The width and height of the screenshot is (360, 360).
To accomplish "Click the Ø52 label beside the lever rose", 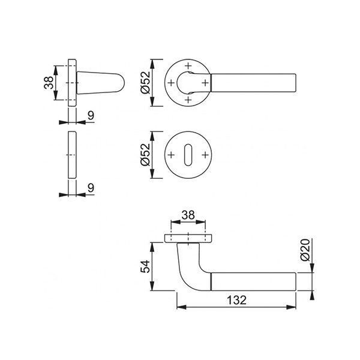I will tap(145, 82).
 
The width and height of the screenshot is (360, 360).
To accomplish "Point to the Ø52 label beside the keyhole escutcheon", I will tap(145, 155).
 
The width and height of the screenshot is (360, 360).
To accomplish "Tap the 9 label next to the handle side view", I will tap(90, 115).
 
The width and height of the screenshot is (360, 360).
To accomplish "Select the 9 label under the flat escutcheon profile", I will tap(90, 188).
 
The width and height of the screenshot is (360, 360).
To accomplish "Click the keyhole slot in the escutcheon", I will tap(188, 155).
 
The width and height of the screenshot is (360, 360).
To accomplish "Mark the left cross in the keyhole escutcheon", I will tap(172, 155).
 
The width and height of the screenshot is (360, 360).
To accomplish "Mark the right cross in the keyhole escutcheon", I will tap(205, 155).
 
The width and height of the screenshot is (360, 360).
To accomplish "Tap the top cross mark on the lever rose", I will tap(188, 65).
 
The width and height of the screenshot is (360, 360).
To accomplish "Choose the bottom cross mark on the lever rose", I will tap(188, 99).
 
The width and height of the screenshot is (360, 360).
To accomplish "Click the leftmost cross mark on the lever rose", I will tap(172, 82).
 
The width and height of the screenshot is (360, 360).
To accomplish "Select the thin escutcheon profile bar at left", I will tap(72, 155).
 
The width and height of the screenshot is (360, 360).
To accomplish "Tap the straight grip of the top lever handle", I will tap(255, 82).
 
